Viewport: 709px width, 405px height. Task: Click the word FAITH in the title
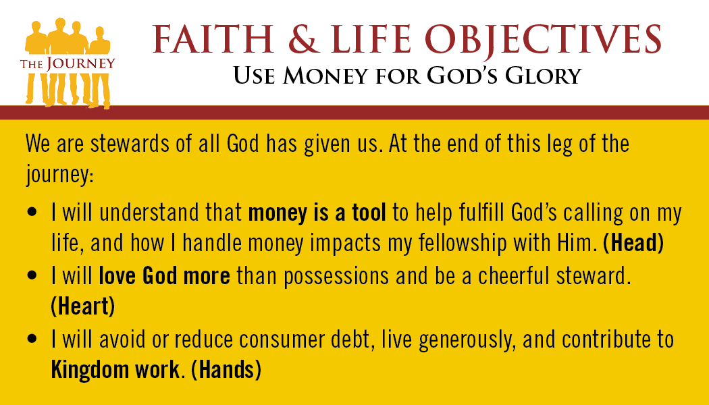click(213, 39)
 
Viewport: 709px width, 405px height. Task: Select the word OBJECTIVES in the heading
click(544, 40)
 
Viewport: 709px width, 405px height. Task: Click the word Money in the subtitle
click(325, 76)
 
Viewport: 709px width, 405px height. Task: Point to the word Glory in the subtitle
click(543, 76)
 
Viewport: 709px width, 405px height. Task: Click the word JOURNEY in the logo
click(80, 63)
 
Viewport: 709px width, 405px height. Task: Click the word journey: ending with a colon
click(59, 175)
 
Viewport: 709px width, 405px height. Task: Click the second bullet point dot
click(32, 275)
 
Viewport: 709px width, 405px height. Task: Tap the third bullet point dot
click(32, 339)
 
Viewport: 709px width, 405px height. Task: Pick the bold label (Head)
click(633, 243)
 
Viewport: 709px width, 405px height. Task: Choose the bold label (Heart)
click(83, 306)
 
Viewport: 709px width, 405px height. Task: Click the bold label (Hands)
click(226, 370)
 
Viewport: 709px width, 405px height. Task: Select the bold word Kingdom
click(90, 371)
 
